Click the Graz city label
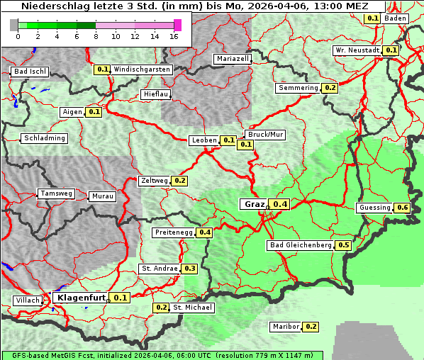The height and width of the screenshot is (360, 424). [x=254, y=204]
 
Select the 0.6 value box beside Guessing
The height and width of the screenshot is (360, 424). [x=403, y=208]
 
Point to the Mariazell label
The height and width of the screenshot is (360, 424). [x=233, y=59]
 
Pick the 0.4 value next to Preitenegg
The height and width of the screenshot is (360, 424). [x=205, y=232]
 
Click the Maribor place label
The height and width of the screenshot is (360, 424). [x=286, y=327]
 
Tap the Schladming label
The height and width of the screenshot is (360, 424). [x=45, y=138]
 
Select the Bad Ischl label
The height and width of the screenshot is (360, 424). [x=30, y=72]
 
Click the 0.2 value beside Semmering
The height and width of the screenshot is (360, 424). [x=329, y=88]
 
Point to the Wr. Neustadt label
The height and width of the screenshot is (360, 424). [x=357, y=50]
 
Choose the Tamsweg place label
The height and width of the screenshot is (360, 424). [x=56, y=193]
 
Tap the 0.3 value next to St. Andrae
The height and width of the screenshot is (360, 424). [x=189, y=269]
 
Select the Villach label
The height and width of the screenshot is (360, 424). [x=28, y=300]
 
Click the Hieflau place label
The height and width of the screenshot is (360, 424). [x=155, y=94]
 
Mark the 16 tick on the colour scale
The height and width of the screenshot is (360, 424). [x=174, y=36]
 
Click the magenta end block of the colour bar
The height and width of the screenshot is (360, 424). [x=177, y=25]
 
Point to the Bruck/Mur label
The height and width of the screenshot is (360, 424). [x=265, y=134]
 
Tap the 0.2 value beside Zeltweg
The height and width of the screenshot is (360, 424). [x=179, y=181]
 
